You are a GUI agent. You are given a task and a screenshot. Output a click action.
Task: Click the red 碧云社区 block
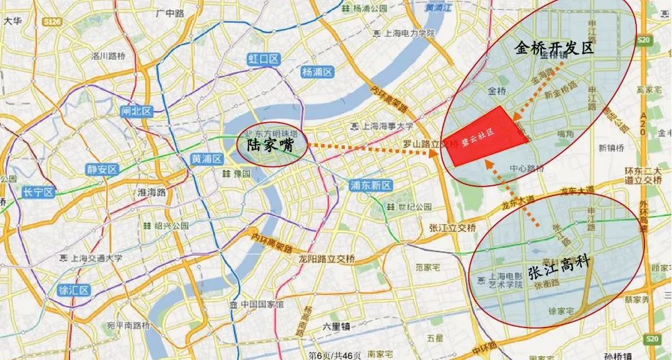(486, 136)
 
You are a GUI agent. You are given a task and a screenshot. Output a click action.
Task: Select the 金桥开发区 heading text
(554, 49)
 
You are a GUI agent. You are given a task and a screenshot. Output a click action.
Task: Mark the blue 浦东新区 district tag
(370, 185)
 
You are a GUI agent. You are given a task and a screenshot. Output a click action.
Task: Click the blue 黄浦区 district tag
(207, 158)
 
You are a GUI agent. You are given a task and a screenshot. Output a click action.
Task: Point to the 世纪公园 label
(412, 207)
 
